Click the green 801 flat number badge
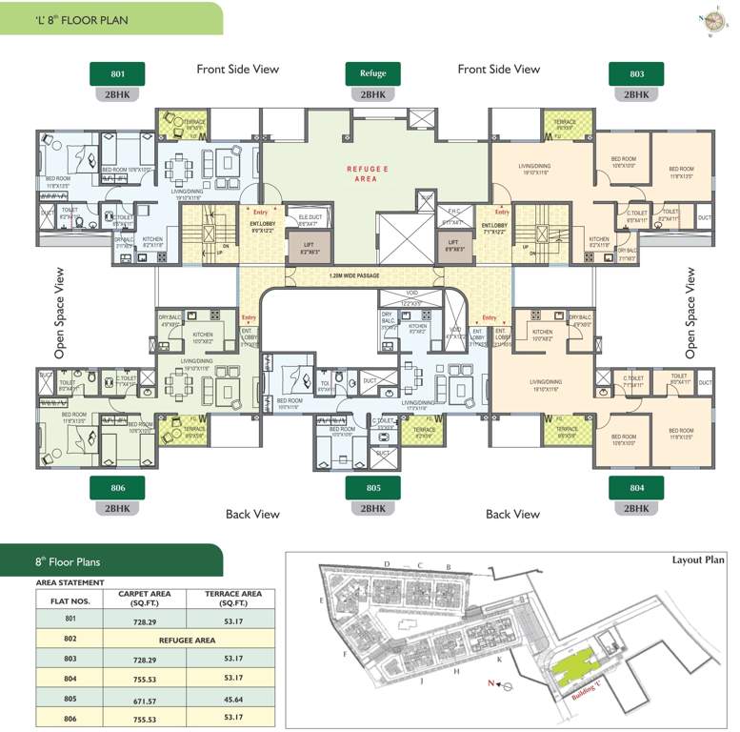(x=116, y=73)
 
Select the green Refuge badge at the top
(x=372, y=73)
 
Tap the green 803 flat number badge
(x=636, y=73)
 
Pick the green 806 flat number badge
(x=116, y=488)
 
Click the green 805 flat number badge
(x=372, y=488)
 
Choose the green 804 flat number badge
(x=636, y=488)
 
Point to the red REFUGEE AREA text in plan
(x=367, y=172)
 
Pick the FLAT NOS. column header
(x=62, y=600)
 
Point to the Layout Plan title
(x=697, y=560)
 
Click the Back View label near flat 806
(x=252, y=514)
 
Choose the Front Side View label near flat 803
(x=498, y=69)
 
